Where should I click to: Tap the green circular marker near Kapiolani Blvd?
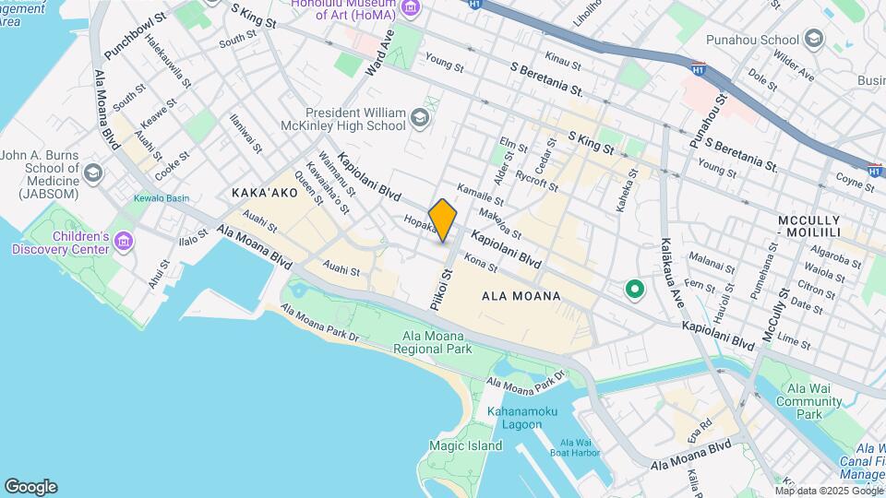(x=634, y=290)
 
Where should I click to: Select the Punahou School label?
(x=752, y=40)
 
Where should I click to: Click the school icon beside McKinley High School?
(x=421, y=117)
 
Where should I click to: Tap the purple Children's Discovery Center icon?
(x=124, y=242)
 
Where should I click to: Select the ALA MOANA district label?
(x=521, y=296)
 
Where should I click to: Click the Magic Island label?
(x=459, y=445)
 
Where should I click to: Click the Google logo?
(x=30, y=487)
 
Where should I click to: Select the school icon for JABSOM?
(x=92, y=172)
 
